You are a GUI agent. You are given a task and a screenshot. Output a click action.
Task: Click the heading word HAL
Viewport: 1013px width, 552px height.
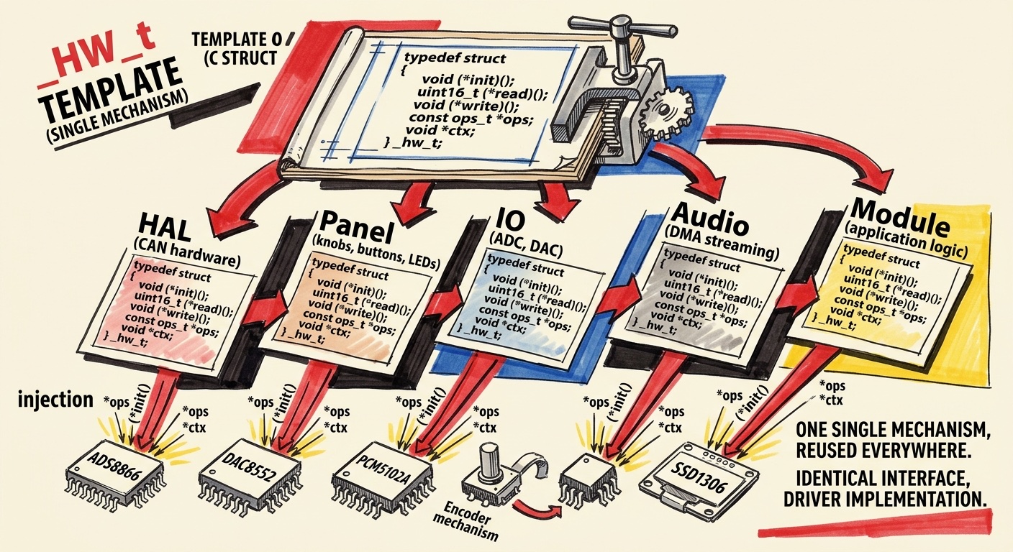[x=168, y=228]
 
